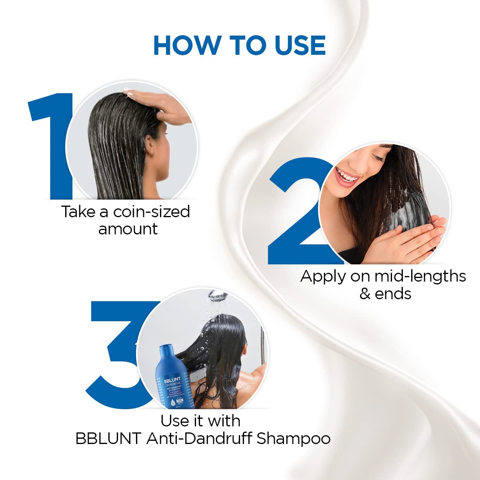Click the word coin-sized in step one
[x=152, y=212]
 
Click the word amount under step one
[x=128, y=229]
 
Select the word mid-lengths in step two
[x=420, y=276]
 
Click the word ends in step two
[x=393, y=294]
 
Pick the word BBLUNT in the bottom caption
[x=108, y=439]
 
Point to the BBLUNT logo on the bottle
[x=172, y=380]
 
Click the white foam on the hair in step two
[x=400, y=216]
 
